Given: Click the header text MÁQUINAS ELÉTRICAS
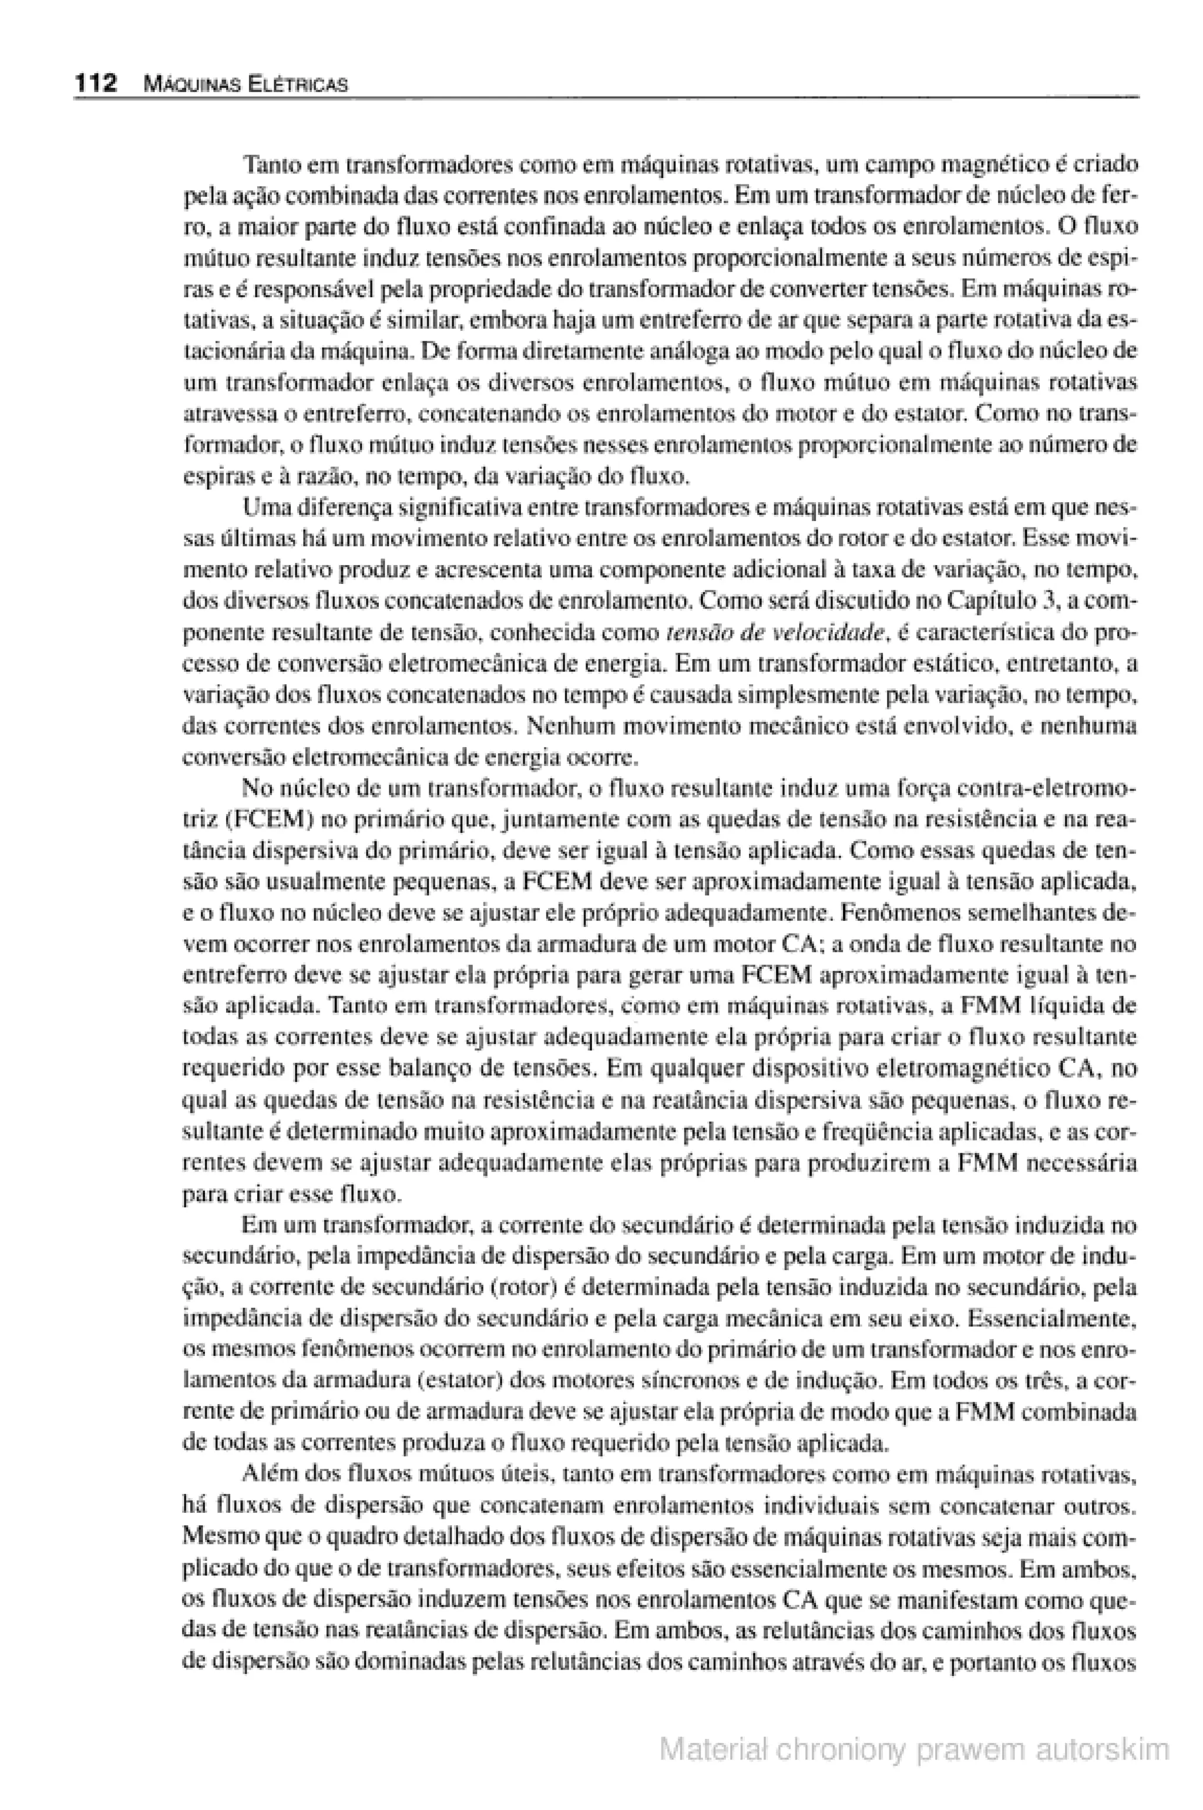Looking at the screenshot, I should click(x=245, y=85).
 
